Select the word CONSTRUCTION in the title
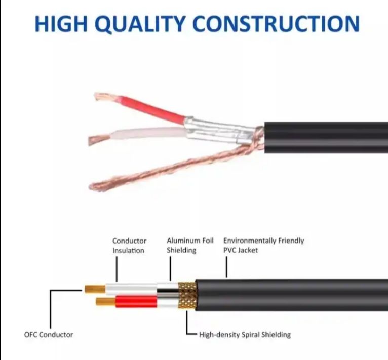[276, 24]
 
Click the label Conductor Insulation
[129, 246]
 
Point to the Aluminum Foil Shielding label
[190, 246]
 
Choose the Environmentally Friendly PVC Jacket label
[263, 246]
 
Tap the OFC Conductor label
[49, 335]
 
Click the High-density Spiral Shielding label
[245, 335]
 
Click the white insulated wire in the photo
[147, 134]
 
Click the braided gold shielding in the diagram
[187, 296]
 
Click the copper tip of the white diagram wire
[94, 290]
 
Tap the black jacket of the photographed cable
[324, 137]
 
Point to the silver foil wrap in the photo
[218, 129]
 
